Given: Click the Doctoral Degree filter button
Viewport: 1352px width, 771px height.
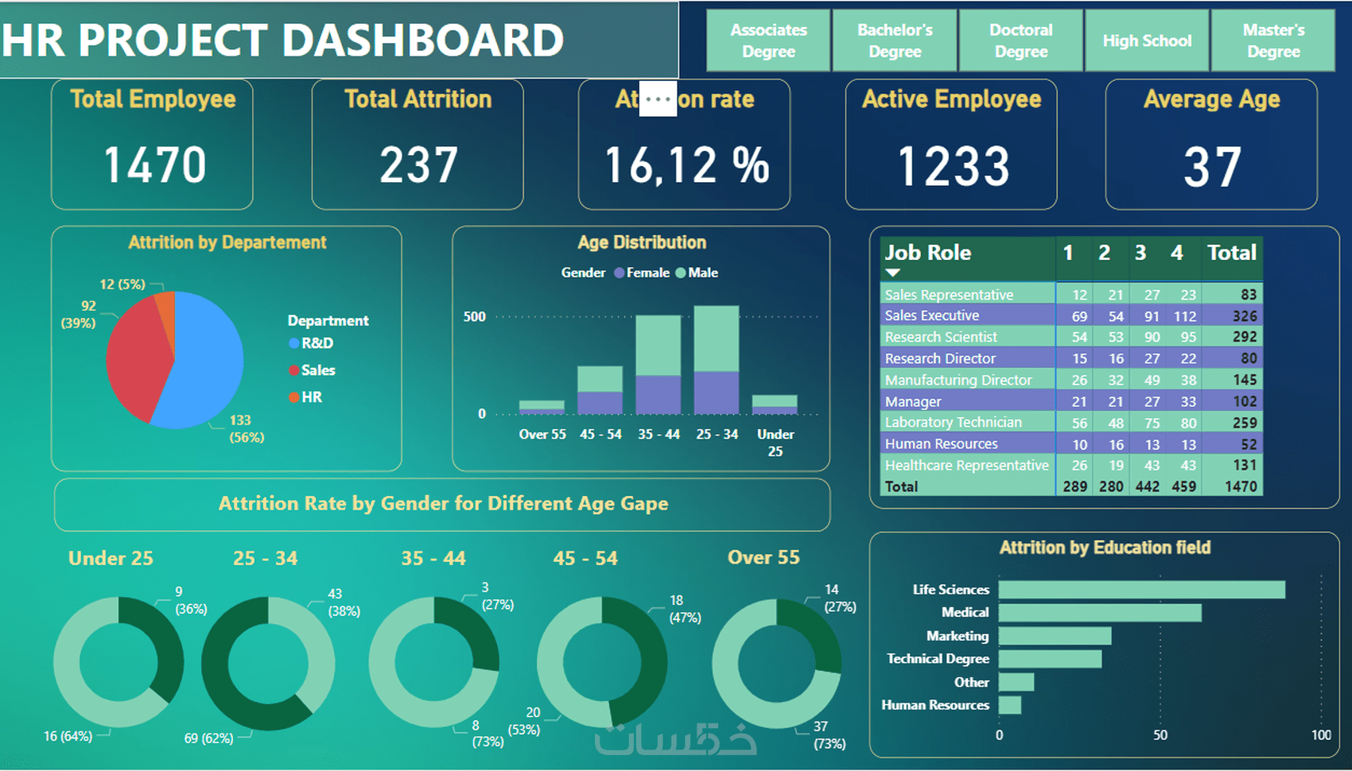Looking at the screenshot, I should click(1021, 41).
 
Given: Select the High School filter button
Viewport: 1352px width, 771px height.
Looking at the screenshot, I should click(1147, 41).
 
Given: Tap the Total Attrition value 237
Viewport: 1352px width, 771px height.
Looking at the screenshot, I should click(418, 165).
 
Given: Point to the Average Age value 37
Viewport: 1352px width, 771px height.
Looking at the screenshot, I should click(1211, 167).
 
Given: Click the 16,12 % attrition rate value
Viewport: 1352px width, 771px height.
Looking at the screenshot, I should click(686, 165).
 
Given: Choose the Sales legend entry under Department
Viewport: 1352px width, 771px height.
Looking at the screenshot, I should click(317, 370).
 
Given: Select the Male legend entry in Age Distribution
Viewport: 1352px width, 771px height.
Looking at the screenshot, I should click(702, 273).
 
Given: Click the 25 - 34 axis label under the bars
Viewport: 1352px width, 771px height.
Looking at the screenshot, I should click(717, 435).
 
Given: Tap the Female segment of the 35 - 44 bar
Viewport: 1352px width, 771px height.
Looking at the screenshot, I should click(658, 394).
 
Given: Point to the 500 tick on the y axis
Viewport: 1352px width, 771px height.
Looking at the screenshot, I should click(475, 317).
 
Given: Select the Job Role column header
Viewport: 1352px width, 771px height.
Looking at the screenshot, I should click(928, 253).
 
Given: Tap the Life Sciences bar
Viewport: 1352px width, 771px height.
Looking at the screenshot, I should click(1141, 590).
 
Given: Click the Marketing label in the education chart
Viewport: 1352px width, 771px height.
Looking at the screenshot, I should click(958, 636).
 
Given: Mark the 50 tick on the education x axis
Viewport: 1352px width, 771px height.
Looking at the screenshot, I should click(1160, 735).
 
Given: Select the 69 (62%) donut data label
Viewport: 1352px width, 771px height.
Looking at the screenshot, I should click(208, 738).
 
